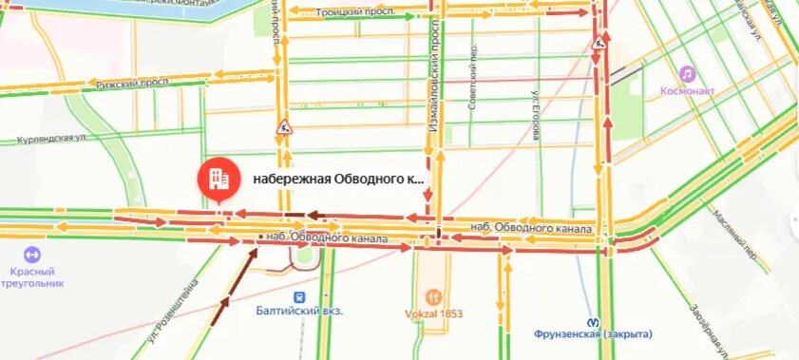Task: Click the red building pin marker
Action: pyautogui.click(x=217, y=178)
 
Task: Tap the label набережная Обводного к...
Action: pyautogui.click(x=337, y=179)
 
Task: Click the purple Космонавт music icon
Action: pyautogui.click(x=686, y=74)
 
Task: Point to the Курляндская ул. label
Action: pyautogui.click(x=59, y=139)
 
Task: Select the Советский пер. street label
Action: pyautogui.click(x=471, y=76)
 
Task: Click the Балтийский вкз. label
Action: pyautogui.click(x=299, y=311)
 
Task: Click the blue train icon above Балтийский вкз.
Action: pyautogui.click(x=299, y=295)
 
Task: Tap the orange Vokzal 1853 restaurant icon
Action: pyautogui.click(x=434, y=296)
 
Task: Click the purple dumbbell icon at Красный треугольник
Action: pyautogui.click(x=31, y=255)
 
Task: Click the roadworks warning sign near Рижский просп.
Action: pyautogui.click(x=283, y=127)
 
